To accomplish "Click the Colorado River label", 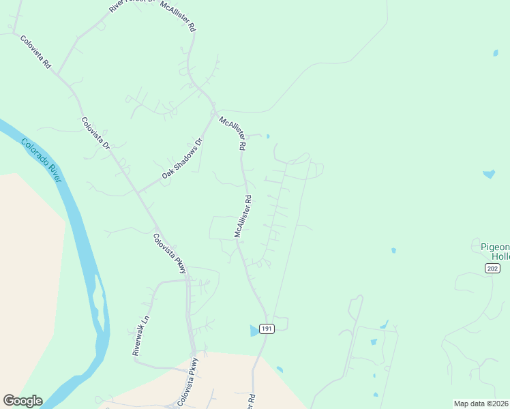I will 42,160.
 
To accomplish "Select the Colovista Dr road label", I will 95,134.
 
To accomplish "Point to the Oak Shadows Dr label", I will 182,160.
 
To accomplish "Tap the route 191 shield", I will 267,329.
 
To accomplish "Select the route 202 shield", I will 492,269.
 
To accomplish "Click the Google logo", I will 22,401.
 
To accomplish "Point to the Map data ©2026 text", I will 481,403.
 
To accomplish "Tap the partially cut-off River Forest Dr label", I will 127,6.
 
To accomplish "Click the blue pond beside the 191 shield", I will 255,330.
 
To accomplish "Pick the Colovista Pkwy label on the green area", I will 169,254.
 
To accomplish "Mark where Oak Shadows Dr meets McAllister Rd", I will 214,113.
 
